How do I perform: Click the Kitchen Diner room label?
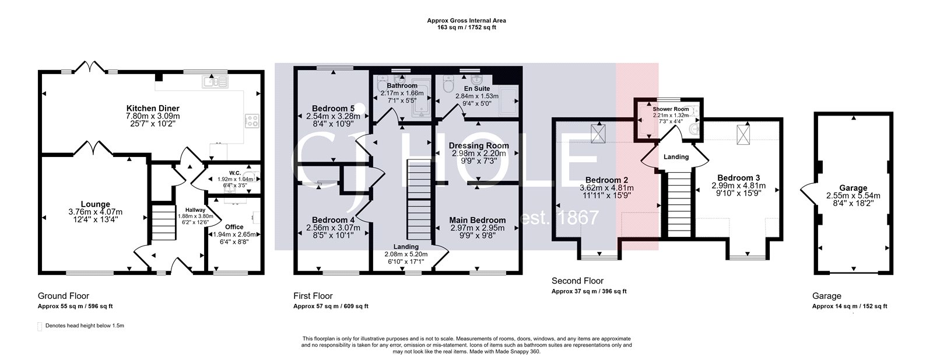[153, 109]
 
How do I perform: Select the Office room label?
[234, 226]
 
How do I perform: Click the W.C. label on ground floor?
[235, 173]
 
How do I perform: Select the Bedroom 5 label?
[332, 109]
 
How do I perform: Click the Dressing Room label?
[478, 145]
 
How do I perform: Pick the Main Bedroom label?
[477, 220]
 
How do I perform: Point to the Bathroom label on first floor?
[402, 86]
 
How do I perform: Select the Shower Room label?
[671, 109]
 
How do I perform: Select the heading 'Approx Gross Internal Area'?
[466, 20]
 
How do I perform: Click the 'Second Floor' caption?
[577, 281]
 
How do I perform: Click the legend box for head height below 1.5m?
[40, 326]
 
